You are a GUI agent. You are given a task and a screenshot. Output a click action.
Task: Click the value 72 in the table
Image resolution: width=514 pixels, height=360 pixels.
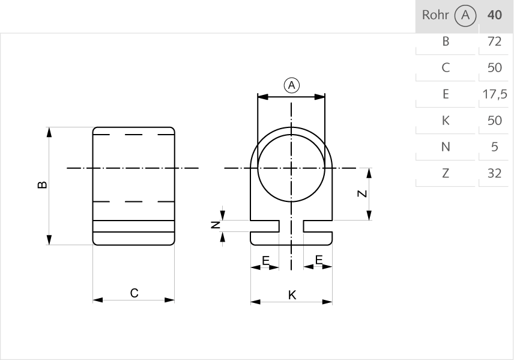[495, 41]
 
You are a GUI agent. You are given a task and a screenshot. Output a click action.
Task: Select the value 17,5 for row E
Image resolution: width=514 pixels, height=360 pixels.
[495, 94]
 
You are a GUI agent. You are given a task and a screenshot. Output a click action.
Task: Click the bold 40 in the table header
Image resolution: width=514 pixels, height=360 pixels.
[495, 15]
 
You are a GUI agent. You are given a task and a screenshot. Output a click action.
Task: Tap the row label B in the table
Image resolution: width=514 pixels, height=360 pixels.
[446, 41]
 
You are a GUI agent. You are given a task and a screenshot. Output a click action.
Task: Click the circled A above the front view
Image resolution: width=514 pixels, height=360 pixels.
[291, 85]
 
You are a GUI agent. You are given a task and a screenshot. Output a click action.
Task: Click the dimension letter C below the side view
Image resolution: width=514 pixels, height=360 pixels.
[135, 293]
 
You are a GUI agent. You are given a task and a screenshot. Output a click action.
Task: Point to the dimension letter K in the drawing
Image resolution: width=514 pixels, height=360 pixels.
[292, 294]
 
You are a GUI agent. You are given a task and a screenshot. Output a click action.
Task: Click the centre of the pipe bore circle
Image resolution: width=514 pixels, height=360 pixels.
[292, 168]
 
